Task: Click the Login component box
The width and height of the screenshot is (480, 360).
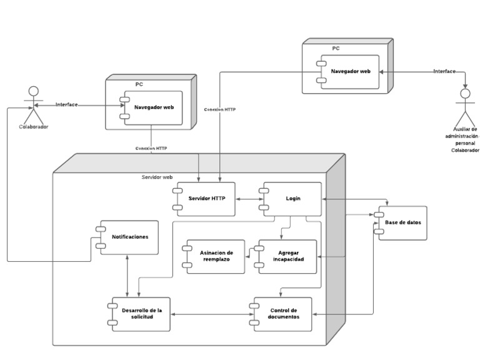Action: pyautogui.click(x=292, y=199)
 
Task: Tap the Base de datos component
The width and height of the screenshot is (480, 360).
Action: pyautogui.click(x=402, y=222)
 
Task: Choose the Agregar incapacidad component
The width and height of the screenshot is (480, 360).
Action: pyautogui.click(x=287, y=256)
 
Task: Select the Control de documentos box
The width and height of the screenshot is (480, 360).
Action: pyautogui.click(x=282, y=314)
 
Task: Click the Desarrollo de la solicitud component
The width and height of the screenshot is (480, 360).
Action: pyautogui.click(x=139, y=314)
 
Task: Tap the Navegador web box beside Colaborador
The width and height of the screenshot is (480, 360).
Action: pyautogui.click(x=154, y=108)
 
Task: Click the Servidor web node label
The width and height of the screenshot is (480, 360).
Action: pyautogui.click(x=157, y=177)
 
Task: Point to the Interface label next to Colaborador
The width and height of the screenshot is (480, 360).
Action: pyautogui.click(x=66, y=104)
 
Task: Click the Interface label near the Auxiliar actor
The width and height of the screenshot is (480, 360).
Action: pyautogui.click(x=444, y=71)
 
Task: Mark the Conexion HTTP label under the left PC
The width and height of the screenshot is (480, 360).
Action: pyautogui.click(x=151, y=148)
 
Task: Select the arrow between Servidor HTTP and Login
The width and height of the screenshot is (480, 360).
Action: pyautogui.click(x=248, y=199)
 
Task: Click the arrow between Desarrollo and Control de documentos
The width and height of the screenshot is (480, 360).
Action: pyautogui.click(x=210, y=314)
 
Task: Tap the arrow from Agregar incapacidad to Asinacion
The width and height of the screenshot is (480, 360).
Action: pyautogui.click(x=249, y=252)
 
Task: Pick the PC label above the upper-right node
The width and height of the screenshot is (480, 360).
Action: pyautogui.click(x=336, y=47)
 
